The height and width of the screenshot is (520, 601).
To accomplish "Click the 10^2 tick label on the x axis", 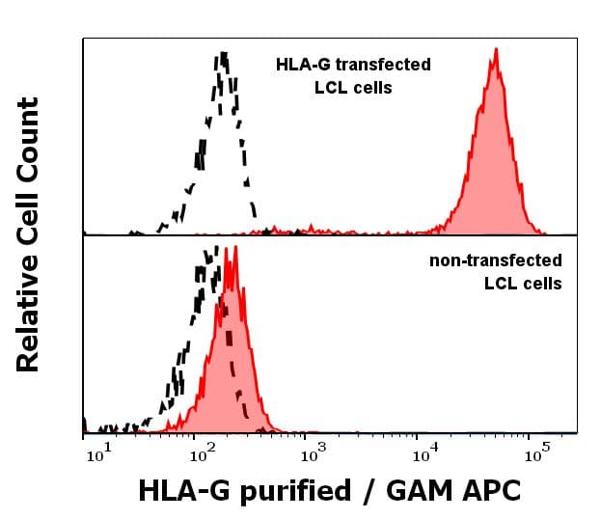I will [x=202, y=453].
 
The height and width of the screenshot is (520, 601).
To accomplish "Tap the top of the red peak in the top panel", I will [x=495, y=49].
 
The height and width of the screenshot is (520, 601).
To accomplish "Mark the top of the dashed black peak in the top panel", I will [x=223, y=53].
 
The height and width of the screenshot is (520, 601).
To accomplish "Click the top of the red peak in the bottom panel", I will [x=234, y=248].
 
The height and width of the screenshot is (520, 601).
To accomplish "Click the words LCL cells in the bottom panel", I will [x=523, y=283].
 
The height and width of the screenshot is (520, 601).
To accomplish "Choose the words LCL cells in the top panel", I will [x=353, y=88].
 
